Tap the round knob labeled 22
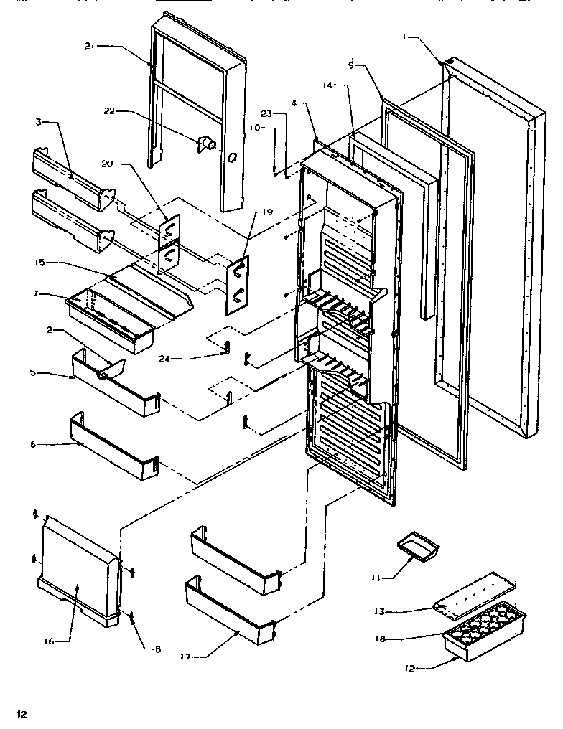(x=208, y=144)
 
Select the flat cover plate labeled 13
(x=476, y=592)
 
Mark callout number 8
(x=159, y=649)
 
